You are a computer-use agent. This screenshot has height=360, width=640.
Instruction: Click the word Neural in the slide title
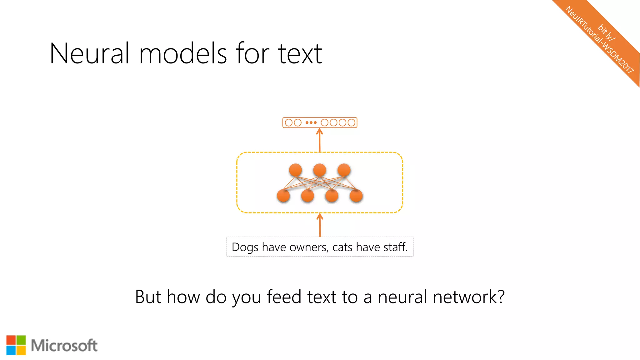(x=89, y=54)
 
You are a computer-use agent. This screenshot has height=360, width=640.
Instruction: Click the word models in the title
(x=183, y=54)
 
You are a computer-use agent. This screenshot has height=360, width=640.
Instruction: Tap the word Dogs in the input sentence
(x=245, y=247)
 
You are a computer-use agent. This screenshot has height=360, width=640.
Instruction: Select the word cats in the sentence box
(x=342, y=247)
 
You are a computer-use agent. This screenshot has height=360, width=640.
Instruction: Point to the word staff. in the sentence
(x=395, y=247)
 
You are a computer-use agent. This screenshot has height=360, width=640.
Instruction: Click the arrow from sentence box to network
(x=320, y=225)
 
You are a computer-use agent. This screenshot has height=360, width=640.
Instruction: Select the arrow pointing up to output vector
(x=319, y=140)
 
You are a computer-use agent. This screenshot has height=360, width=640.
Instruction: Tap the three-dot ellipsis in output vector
(x=311, y=122)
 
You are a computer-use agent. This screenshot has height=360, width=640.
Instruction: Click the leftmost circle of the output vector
(x=289, y=122)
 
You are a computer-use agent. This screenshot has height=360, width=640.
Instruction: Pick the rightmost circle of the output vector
(x=352, y=122)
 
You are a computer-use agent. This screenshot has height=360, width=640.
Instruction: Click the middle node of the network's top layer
(x=320, y=170)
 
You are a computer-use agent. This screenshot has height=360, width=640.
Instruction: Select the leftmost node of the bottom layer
(x=283, y=196)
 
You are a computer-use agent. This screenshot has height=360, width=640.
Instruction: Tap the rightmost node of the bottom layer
(x=356, y=196)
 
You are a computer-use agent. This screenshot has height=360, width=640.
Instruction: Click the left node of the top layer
(x=295, y=170)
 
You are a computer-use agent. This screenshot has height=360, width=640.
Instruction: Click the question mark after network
(x=501, y=297)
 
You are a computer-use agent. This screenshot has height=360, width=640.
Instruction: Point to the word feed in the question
(x=284, y=297)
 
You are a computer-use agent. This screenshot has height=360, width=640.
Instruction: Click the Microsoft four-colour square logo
(x=16, y=345)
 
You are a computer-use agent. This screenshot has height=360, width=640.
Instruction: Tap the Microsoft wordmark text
(x=64, y=346)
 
